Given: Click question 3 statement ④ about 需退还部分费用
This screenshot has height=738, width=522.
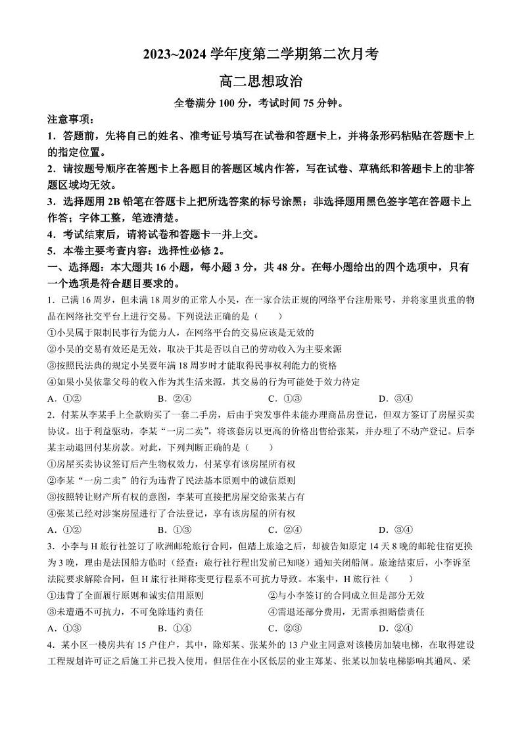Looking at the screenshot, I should [x=341, y=612].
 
